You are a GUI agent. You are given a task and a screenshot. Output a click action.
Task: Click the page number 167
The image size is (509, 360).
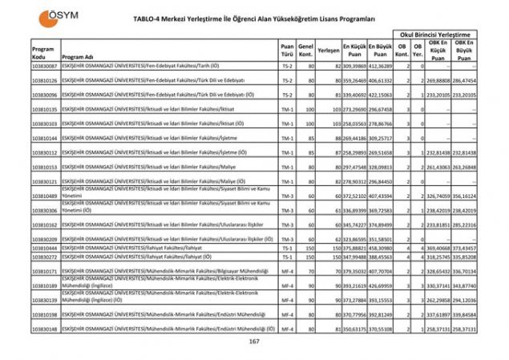(254, 342)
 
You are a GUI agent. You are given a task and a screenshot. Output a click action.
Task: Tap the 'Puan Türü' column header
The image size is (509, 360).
(287, 50)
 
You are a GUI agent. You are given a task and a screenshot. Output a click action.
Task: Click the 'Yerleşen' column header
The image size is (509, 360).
(329, 50)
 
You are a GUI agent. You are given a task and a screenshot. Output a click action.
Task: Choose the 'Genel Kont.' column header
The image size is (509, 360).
(305, 50)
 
